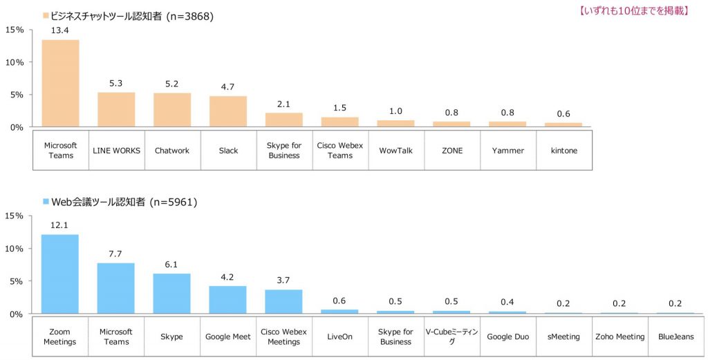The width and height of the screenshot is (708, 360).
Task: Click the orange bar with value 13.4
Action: click(x=60, y=84)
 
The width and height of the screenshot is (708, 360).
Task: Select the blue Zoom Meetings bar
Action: click(x=60, y=274)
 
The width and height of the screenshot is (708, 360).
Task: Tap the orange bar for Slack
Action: click(x=228, y=111)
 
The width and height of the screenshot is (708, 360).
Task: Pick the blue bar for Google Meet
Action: click(x=228, y=300)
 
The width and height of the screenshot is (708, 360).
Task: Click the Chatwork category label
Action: click(x=172, y=150)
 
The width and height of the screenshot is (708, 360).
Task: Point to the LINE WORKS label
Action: click(x=116, y=150)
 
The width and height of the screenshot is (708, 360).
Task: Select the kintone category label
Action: click(x=563, y=150)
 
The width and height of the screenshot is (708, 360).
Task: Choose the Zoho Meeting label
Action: click(x=619, y=337)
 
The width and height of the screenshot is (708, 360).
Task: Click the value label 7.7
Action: click(x=115, y=254)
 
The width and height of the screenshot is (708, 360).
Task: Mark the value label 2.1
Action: click(x=283, y=104)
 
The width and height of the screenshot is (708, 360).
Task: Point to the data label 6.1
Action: click(x=171, y=265)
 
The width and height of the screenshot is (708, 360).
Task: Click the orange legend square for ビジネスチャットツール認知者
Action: click(x=46, y=15)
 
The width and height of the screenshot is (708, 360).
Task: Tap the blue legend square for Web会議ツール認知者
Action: click(x=46, y=202)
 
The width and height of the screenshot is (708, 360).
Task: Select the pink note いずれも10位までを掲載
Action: click(x=633, y=10)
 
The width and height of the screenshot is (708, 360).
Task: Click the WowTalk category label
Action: click(x=395, y=150)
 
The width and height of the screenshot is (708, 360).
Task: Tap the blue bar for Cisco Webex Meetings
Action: click(x=283, y=302)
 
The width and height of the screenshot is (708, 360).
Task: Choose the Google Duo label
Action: click(x=507, y=337)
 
